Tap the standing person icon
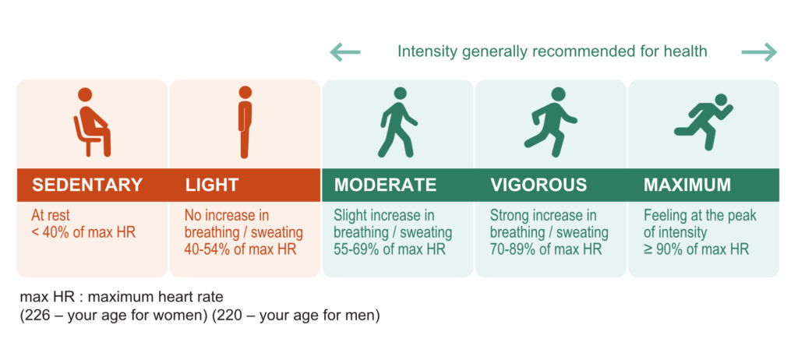click(x=245, y=122)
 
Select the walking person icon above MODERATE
click(x=397, y=122)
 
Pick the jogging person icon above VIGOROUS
click(x=551, y=122)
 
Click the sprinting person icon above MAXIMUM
click(x=704, y=122)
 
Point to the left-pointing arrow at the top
click(x=345, y=52)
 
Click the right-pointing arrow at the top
click(x=759, y=52)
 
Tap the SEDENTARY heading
click(x=87, y=185)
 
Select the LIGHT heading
click(x=212, y=185)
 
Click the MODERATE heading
click(x=385, y=185)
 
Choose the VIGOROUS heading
click(x=538, y=185)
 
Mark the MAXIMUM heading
click(x=687, y=185)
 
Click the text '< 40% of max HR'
click(x=83, y=233)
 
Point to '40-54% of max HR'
click(x=240, y=249)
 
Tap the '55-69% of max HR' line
click(x=390, y=249)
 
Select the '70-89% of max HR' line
click(x=546, y=249)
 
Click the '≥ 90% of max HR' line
click(x=696, y=249)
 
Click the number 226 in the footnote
click(x=37, y=316)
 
